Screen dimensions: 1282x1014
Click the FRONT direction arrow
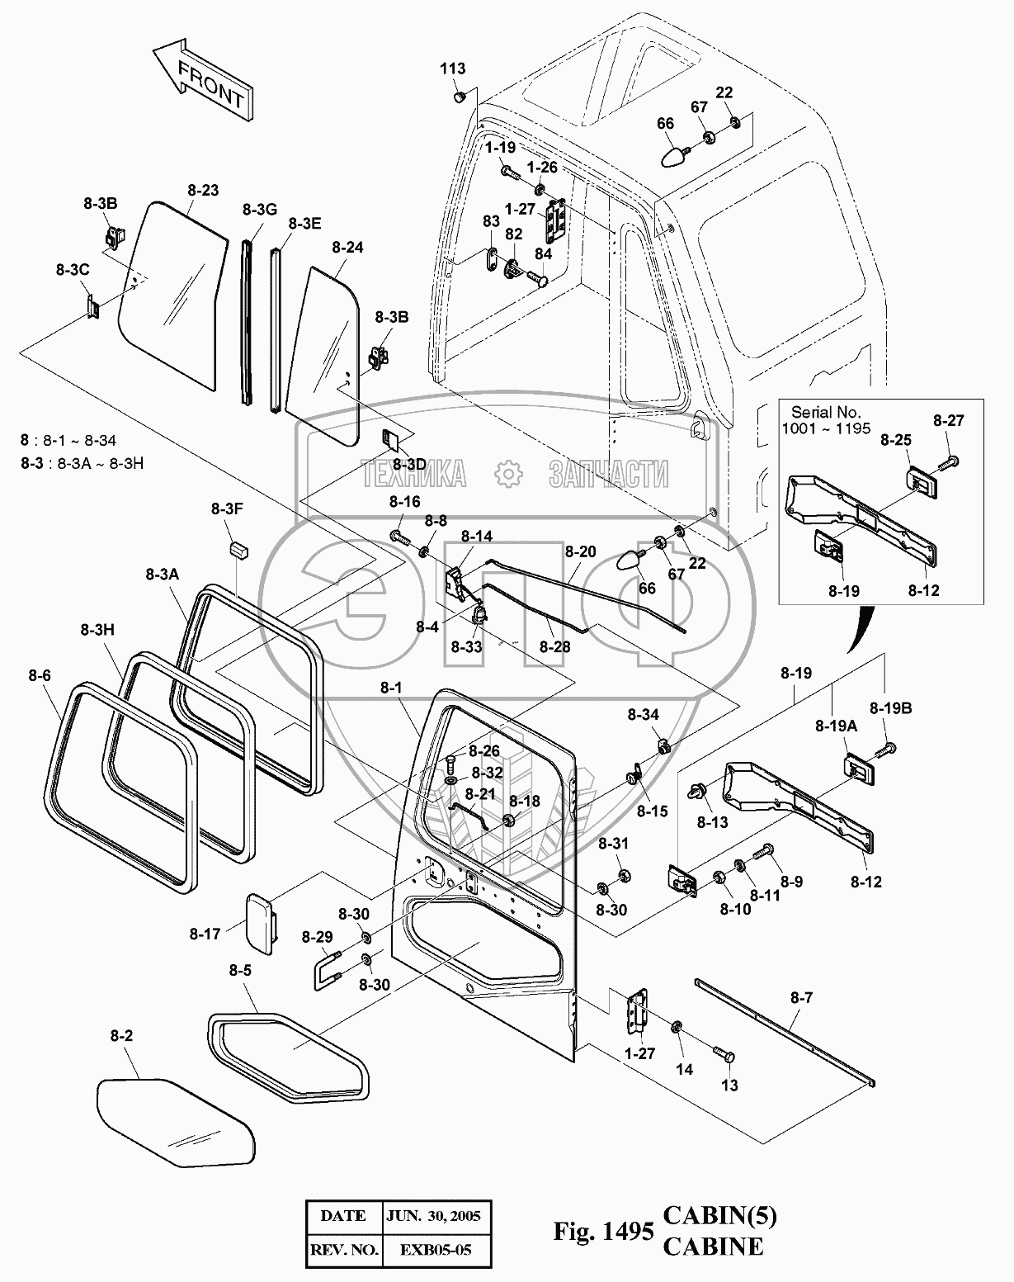pyautogui.click(x=202, y=82)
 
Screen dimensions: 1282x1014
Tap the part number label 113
pyautogui.click(x=452, y=69)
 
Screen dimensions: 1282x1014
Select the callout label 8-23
pyautogui.click(x=203, y=190)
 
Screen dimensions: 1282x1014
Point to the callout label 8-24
pyautogui.click(x=347, y=247)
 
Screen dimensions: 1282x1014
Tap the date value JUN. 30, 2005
pyautogui.click(x=437, y=1216)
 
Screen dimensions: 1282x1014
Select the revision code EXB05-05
pyautogui.click(x=437, y=1250)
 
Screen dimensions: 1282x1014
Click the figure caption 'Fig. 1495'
pyautogui.click(x=604, y=1232)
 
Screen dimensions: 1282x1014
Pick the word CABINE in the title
pyautogui.click(x=714, y=1247)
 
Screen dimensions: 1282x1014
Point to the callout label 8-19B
pyautogui.click(x=890, y=707)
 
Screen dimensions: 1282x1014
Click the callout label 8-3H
pyautogui.click(x=97, y=629)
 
